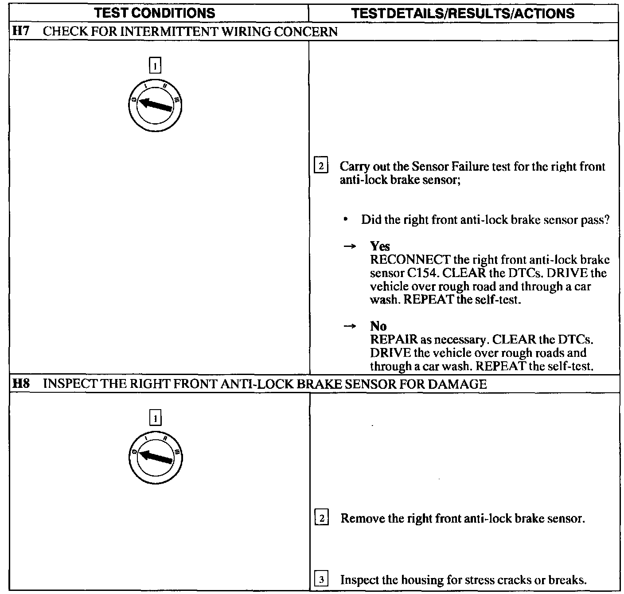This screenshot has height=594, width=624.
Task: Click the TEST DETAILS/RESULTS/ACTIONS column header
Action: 463,13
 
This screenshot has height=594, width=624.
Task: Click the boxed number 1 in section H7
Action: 155,66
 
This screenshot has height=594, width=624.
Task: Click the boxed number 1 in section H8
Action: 155,418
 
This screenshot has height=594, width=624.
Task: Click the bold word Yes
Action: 380,246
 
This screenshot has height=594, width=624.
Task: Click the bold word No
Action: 378,326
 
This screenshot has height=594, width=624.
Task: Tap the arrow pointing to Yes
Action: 350,247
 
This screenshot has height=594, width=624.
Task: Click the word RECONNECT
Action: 410,260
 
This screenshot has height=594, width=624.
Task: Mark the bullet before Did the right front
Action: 345,220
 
